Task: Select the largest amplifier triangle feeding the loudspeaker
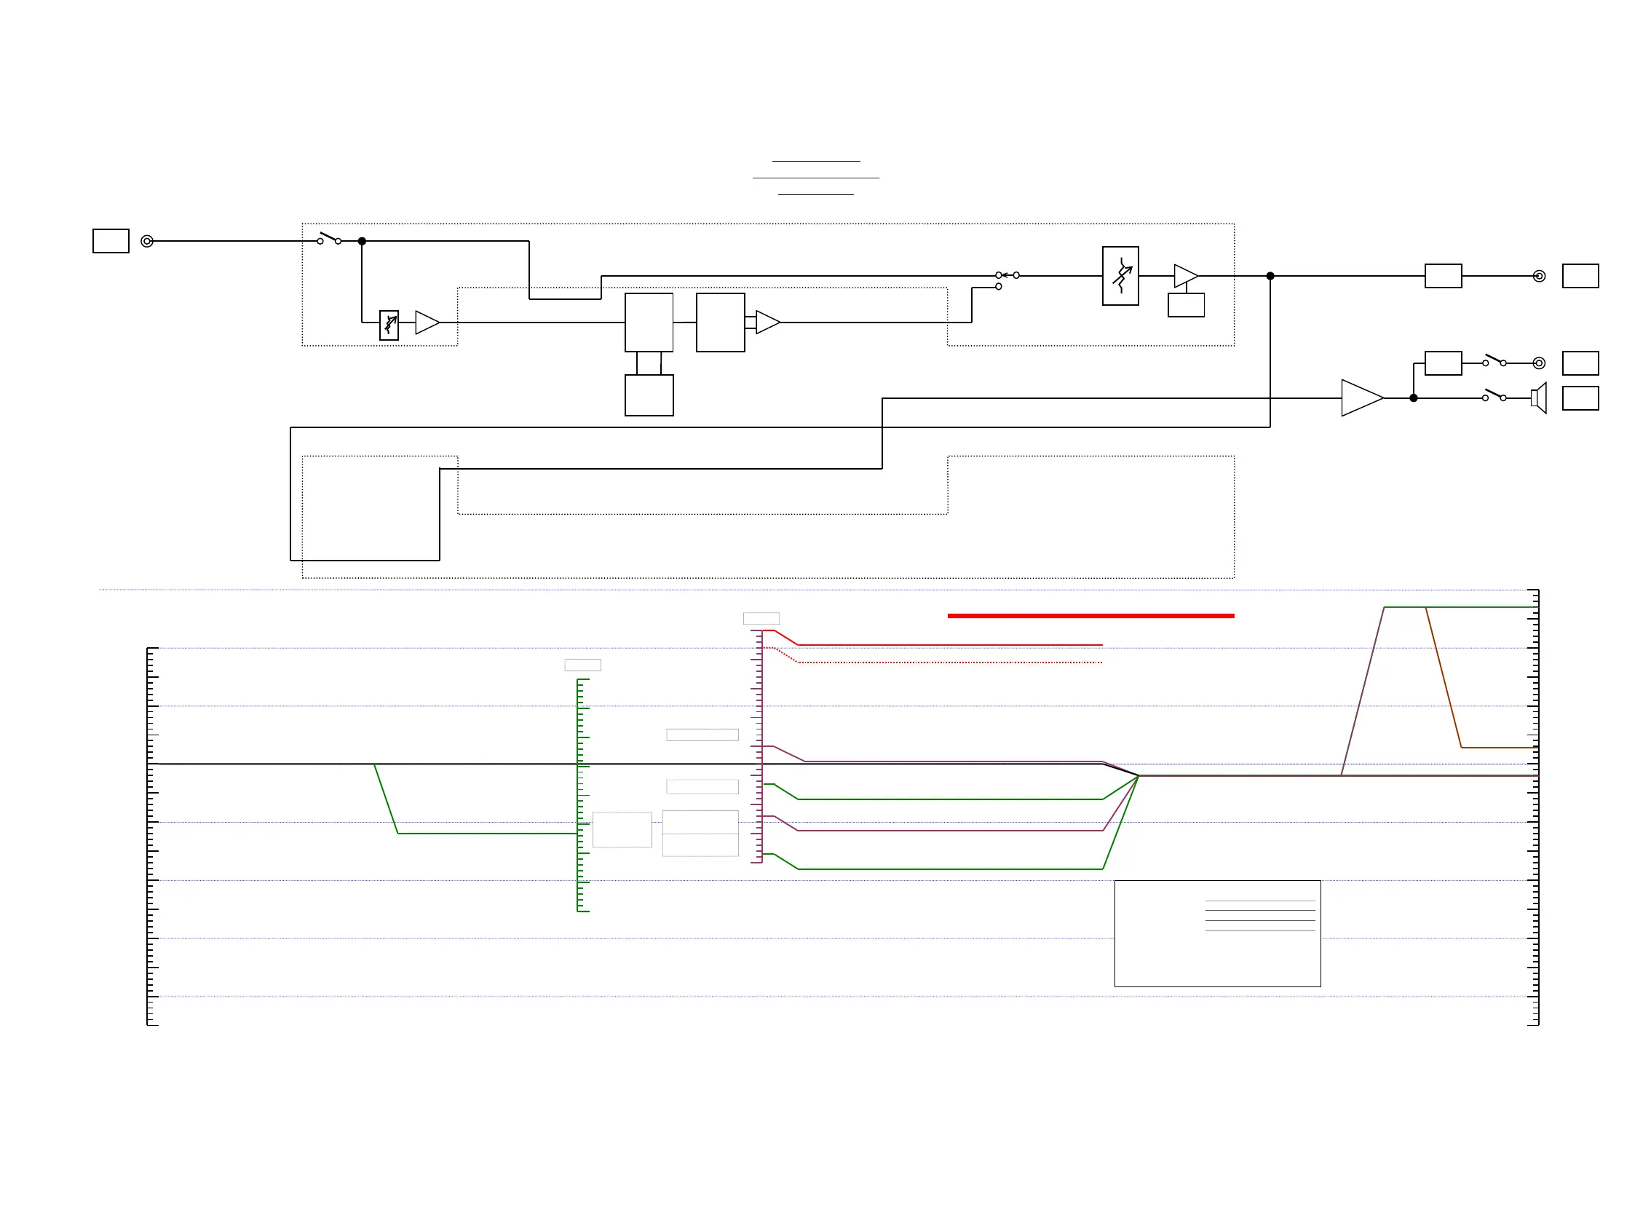click(x=1359, y=398)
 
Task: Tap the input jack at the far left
click(x=147, y=241)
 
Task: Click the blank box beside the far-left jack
click(x=111, y=241)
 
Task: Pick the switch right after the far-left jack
click(x=329, y=238)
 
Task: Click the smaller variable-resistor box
click(x=389, y=325)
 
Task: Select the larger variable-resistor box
click(x=1120, y=276)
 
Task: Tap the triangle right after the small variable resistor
click(x=426, y=323)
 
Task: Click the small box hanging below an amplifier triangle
click(x=1185, y=305)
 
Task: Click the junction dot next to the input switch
click(x=362, y=241)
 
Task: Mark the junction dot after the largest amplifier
click(x=1413, y=398)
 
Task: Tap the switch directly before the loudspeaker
click(x=1494, y=394)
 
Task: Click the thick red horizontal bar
click(x=1090, y=615)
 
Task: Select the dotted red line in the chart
click(x=950, y=662)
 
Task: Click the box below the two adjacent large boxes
click(x=649, y=395)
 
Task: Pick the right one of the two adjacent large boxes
click(x=720, y=322)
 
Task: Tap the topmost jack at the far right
click(x=1539, y=276)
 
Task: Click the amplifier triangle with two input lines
click(x=767, y=322)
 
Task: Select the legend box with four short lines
click(x=1217, y=933)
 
